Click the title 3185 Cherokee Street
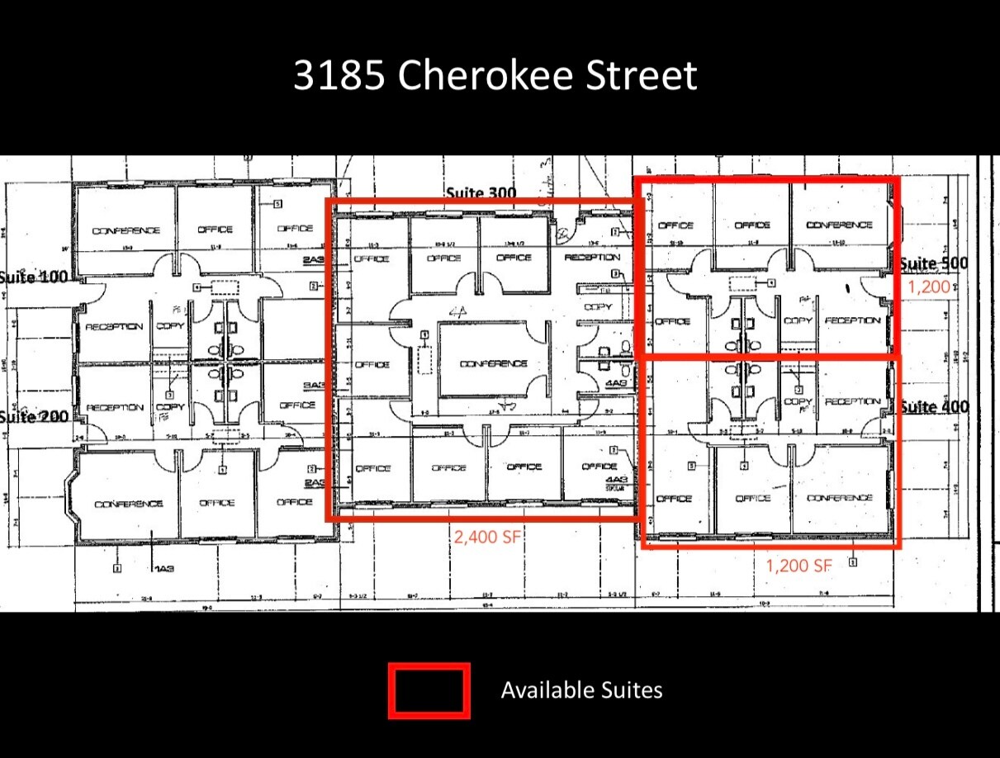[495, 75]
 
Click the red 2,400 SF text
[487, 537]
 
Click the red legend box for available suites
[429, 689]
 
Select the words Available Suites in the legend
[581, 689]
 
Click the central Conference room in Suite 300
[493, 363]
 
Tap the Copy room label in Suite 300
[598, 306]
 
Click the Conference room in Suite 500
[839, 225]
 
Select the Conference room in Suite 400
[839, 498]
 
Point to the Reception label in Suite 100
[114, 326]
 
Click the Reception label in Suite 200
[114, 407]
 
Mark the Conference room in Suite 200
[128, 504]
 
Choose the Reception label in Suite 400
[852, 401]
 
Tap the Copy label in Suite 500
[797, 320]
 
